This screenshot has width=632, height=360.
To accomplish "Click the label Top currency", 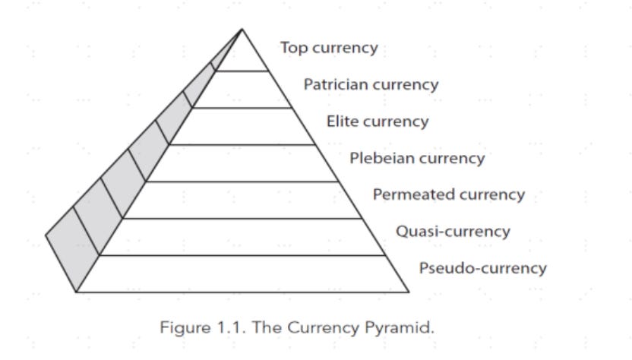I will pyautogui.click(x=328, y=48).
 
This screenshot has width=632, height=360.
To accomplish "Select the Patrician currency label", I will pyautogui.click(x=371, y=84).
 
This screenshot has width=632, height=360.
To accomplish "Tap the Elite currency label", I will pyautogui.click(x=377, y=122).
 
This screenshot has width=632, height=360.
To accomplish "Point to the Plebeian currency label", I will pyautogui.click(x=416, y=158).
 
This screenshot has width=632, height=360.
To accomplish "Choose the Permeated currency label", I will pyautogui.click(x=448, y=194).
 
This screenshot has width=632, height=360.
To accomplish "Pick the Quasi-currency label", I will pyautogui.click(x=453, y=231).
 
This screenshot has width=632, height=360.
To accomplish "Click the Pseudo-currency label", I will pyautogui.click(x=482, y=267).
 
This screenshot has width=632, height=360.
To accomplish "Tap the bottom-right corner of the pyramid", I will pyautogui.click(x=409, y=291).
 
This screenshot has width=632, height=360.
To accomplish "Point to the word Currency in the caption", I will pyautogui.click(x=321, y=328).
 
